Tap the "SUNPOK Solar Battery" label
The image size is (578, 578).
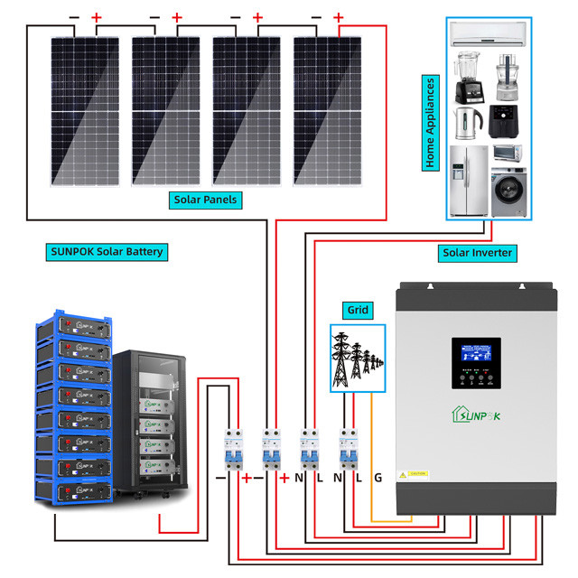pos(106,251)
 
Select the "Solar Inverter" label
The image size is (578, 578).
pos(477,253)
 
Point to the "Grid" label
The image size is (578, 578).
pos(358,310)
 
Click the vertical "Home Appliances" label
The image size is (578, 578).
pos(431,123)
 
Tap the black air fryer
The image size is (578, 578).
pos(506,120)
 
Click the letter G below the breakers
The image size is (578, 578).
pos(378,476)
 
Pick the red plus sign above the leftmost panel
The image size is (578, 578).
pos(97,17)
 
